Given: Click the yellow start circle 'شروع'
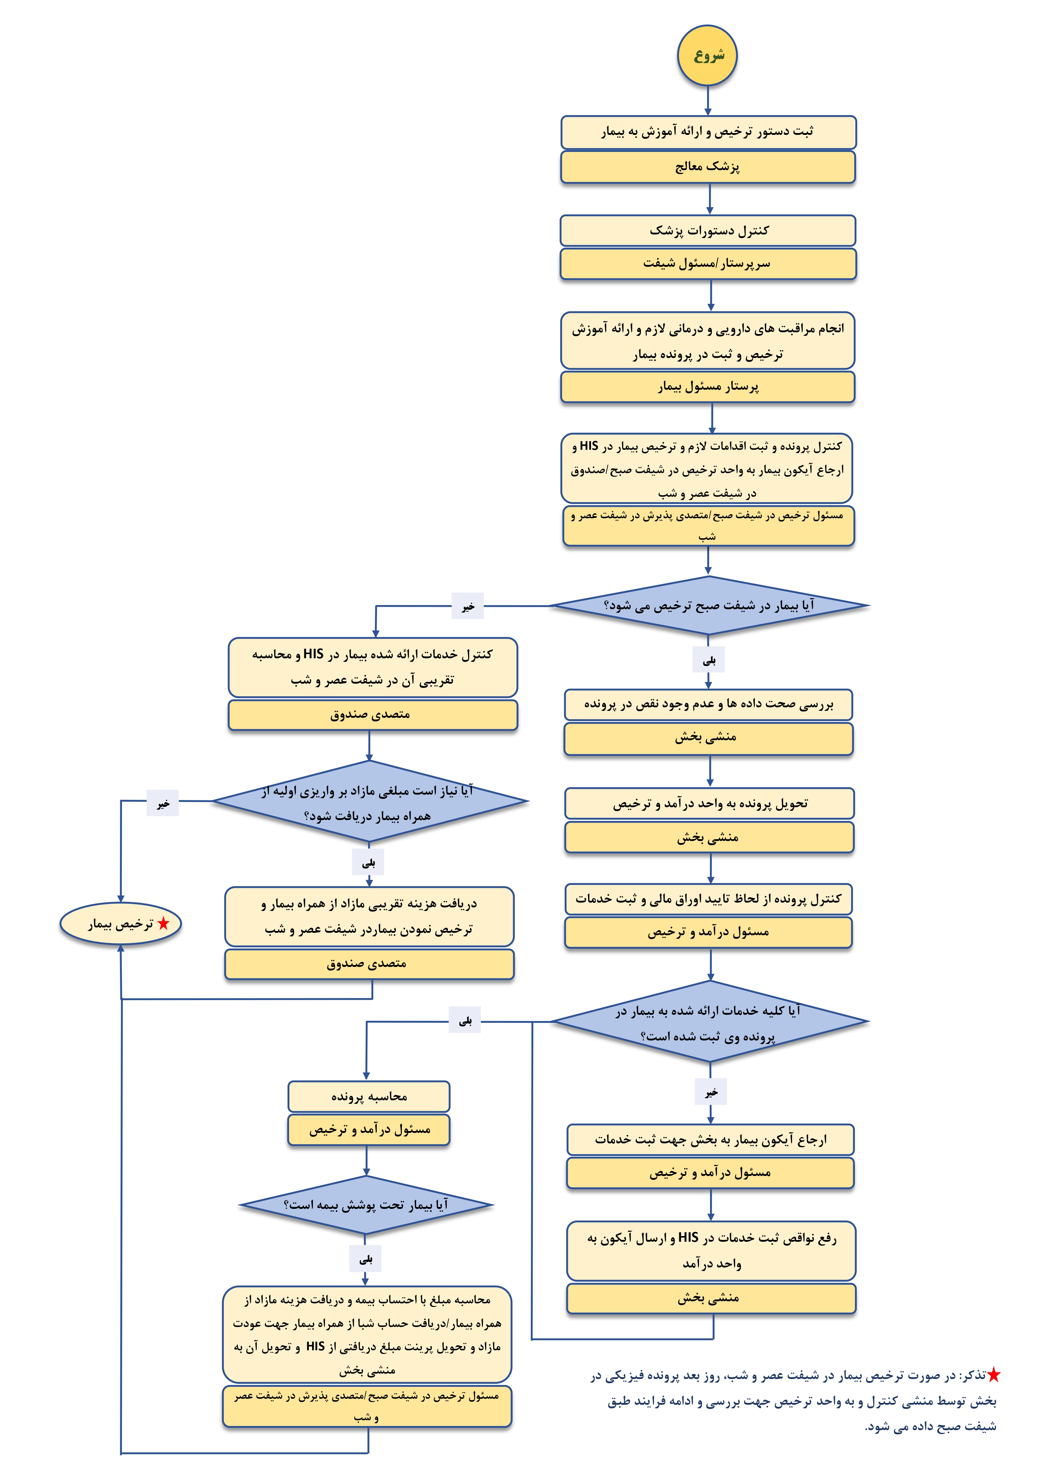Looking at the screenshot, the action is click(707, 56).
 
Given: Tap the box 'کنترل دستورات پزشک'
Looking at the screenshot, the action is click(708, 231).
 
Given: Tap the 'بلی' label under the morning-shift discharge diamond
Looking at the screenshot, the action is click(709, 660).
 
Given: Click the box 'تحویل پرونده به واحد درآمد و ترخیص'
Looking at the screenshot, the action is click(709, 803).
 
